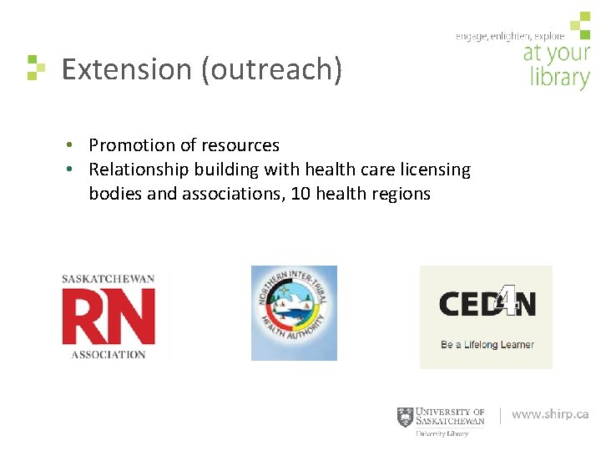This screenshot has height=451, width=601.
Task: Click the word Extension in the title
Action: [127, 69]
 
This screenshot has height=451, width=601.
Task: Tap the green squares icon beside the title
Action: [35, 68]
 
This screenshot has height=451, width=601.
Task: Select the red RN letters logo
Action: [109, 317]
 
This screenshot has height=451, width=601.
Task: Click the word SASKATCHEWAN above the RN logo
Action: [109, 280]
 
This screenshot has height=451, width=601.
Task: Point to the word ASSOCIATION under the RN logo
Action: [109, 354]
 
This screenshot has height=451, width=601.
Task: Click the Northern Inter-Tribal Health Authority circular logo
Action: [294, 313]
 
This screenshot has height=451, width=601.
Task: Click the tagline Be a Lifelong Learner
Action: [487, 344]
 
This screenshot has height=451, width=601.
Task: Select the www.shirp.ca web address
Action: [549, 414]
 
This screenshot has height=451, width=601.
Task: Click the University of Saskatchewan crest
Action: [405, 417]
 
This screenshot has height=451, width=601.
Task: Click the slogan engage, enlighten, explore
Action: [509, 36]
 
